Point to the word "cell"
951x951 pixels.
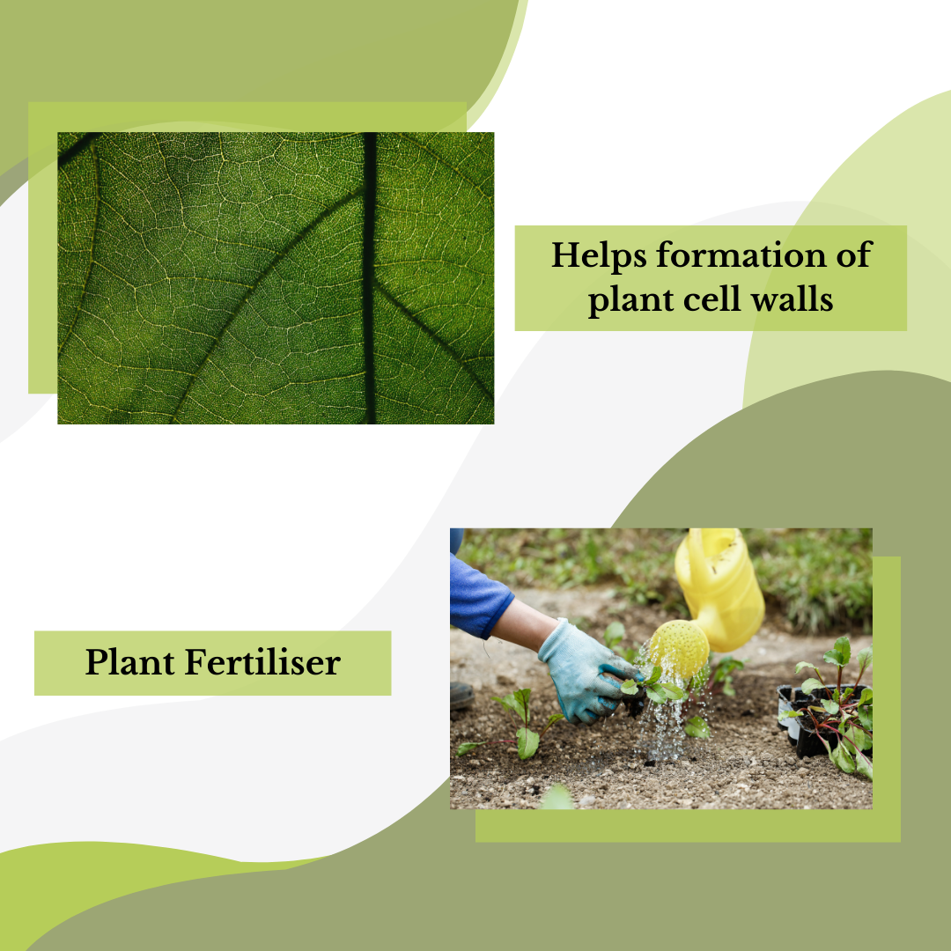point(709,299)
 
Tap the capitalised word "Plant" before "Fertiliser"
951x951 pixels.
point(130,663)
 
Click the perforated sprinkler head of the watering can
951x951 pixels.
point(679,648)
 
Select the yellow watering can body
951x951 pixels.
point(722,581)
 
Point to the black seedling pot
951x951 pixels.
point(806,722)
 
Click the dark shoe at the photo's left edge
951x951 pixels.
point(461,696)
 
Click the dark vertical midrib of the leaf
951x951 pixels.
point(370,277)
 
